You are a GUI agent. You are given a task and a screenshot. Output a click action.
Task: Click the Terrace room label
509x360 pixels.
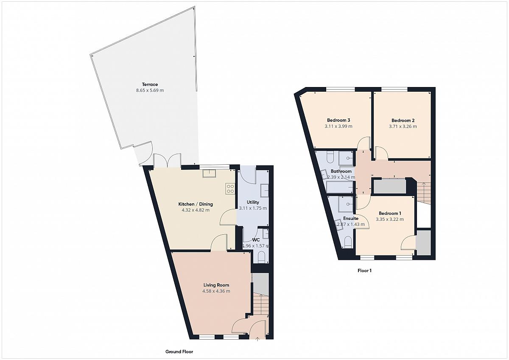click(x=150, y=84)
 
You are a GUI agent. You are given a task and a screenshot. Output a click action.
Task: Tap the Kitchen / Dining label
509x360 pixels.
click(x=196, y=204)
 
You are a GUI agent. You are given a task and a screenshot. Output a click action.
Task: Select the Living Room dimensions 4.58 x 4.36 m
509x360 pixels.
click(x=216, y=291)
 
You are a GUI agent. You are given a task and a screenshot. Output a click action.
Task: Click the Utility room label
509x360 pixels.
click(x=253, y=202)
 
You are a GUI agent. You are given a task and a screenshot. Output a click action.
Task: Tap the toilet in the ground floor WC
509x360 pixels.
click(x=262, y=257)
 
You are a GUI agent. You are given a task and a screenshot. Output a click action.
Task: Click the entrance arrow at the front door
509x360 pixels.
click(x=257, y=340)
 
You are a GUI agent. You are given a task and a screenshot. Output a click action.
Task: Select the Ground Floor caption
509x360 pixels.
click(x=179, y=352)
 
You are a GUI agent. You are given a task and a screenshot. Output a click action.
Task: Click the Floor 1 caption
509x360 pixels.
click(x=364, y=270)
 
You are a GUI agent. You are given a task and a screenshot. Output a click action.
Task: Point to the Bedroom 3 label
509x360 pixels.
click(x=338, y=120)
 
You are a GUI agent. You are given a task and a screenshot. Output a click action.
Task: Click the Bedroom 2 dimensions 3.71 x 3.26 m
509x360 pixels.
click(x=403, y=127)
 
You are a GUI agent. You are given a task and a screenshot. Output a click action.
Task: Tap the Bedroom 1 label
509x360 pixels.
click(x=390, y=213)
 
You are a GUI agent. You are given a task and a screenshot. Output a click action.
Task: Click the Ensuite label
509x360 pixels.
click(x=351, y=218)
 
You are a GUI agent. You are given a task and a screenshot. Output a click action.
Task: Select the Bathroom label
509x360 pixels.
click(x=341, y=171)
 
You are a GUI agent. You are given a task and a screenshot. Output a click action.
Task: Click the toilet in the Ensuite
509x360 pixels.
click(x=348, y=242)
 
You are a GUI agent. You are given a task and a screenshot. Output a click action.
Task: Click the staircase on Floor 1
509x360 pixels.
click(x=424, y=193)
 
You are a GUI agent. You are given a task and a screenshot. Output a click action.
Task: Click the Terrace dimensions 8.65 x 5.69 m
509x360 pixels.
click(x=150, y=90)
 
